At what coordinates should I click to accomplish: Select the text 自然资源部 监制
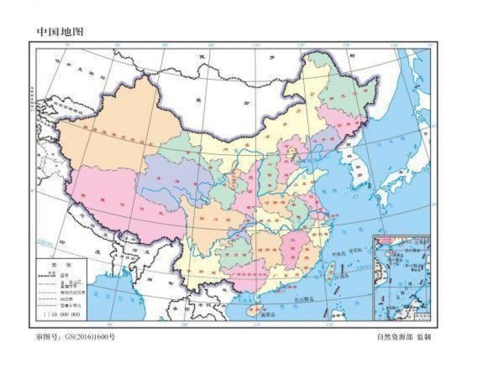404,337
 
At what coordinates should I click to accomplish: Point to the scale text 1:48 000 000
61,316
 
